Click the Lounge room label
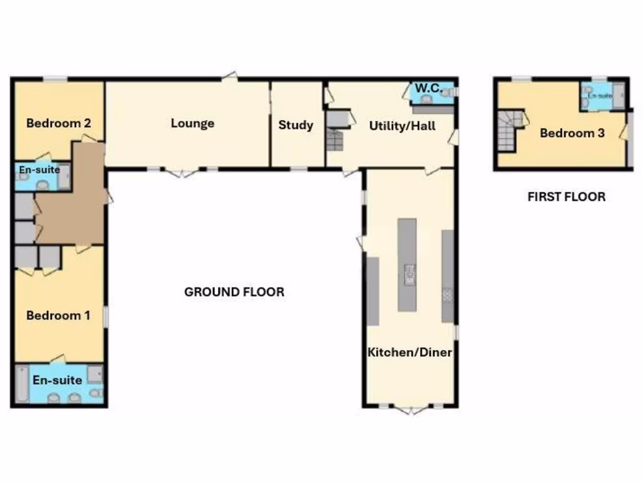tap(193, 123)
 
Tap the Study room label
tap(296, 125)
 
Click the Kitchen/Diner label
tap(409, 352)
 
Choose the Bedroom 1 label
tap(58, 315)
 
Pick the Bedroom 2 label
tap(58, 123)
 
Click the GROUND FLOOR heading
tap(234, 292)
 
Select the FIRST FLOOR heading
tap(566, 197)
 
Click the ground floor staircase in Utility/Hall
tap(335, 139)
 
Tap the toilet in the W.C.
tap(446, 92)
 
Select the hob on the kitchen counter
tap(448, 294)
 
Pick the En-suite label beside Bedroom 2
tap(39, 170)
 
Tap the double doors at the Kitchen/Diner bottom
tap(411, 409)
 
